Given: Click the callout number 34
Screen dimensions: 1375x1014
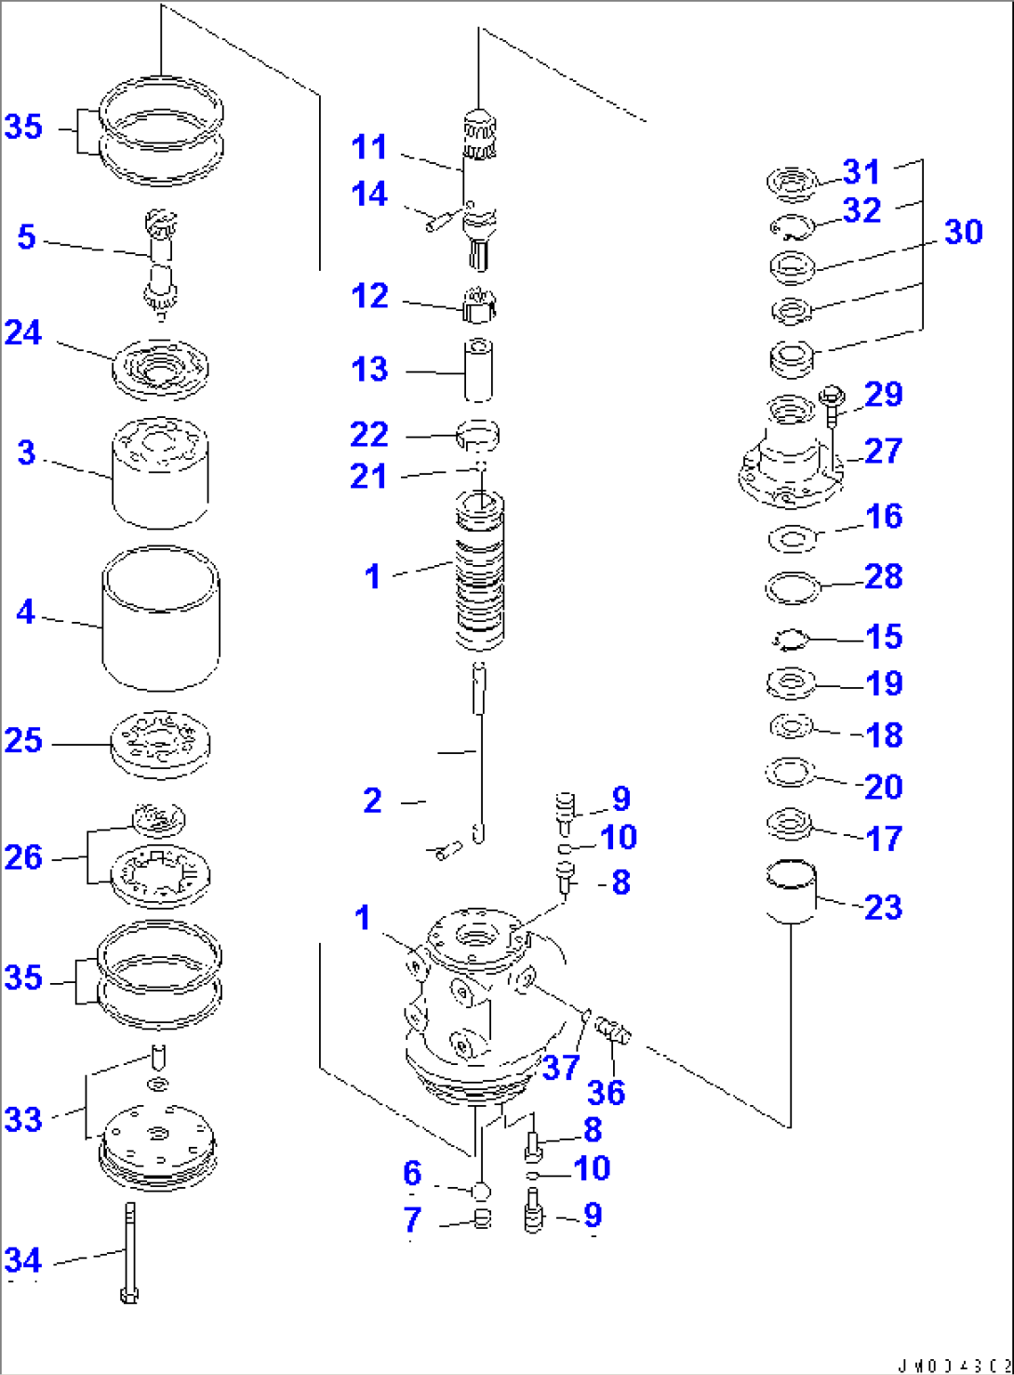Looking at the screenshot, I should click(23, 1260).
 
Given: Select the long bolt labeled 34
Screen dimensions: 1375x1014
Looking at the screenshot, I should click(128, 1251).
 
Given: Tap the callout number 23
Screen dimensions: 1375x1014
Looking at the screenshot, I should click(883, 907).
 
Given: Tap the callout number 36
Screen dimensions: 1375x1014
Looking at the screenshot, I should click(606, 1092).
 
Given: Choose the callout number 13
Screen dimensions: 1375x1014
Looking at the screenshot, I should click(369, 370).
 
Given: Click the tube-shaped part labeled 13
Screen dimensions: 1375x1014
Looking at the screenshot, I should click(478, 371).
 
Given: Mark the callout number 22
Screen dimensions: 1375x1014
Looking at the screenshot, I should click(368, 435).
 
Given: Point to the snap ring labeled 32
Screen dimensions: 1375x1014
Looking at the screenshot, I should click(792, 226).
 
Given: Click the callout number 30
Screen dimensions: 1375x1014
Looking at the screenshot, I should click(963, 232).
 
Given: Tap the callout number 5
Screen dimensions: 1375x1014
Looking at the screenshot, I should click(26, 237).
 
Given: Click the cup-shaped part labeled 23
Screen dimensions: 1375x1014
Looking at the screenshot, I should click(791, 892).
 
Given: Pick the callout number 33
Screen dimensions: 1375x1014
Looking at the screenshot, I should click(23, 1119).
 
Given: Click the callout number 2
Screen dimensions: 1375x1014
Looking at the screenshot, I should click(372, 801).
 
